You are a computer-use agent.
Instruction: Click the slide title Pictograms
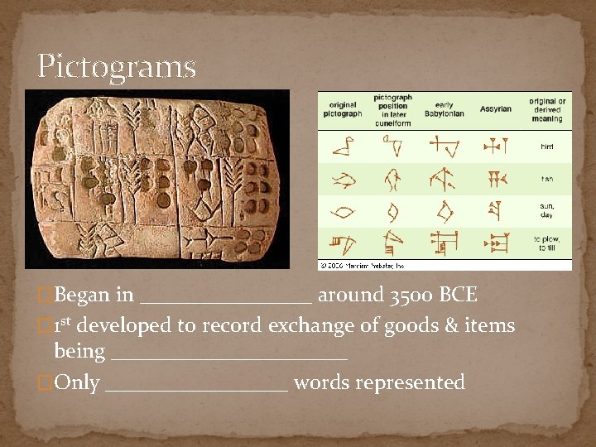tap(117, 67)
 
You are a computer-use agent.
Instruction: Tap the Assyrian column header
tap(495, 108)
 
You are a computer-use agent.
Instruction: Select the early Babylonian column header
tap(445, 108)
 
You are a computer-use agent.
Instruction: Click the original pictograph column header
tap(343, 108)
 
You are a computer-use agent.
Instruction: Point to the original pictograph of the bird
tap(343, 147)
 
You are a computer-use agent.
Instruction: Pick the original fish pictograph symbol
tap(343, 179)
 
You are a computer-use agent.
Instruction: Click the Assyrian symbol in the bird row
tap(496, 147)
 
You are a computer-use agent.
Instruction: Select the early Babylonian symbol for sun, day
tap(445, 211)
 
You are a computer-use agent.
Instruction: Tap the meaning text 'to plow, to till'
tap(546, 243)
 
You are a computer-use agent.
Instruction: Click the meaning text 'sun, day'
tap(546, 211)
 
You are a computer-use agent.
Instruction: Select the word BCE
tap(459, 296)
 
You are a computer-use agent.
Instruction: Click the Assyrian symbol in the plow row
tap(496, 243)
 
